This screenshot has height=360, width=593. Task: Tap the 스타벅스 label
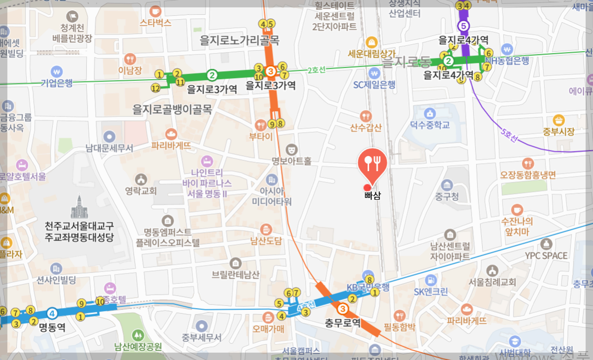coord(155,22)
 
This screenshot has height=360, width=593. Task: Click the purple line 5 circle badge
coord(463,26)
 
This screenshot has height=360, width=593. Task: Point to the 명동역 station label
coord(52,327)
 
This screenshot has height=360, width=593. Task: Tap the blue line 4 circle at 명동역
coord(52,313)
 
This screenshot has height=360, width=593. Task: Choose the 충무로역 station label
coord(343,323)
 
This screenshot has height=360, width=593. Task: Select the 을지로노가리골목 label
coord(239,40)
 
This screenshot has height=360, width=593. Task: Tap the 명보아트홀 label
coord(292,161)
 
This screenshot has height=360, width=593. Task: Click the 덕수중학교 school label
coord(430,125)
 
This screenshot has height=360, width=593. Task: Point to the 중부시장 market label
coord(559,131)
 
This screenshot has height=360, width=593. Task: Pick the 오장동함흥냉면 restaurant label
coord(528,175)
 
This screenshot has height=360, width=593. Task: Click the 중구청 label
coord(446,196)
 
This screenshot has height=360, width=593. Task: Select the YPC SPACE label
coord(546,255)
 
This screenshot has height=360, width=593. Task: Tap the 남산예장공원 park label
coord(138,346)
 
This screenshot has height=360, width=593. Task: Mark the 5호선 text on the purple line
coord(509,135)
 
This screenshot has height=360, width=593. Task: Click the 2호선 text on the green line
coord(317,70)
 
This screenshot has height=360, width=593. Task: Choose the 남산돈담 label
coord(266,240)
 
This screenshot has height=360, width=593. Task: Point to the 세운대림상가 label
coord(371,53)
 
